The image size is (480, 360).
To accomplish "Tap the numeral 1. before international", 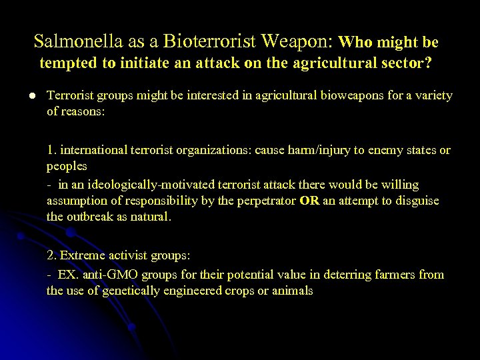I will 51,150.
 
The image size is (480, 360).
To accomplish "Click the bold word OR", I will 309,201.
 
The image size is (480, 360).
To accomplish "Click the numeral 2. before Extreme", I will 52,255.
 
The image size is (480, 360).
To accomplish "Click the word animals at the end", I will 293,291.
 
